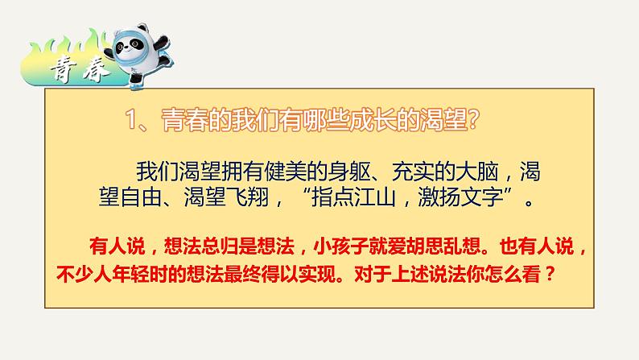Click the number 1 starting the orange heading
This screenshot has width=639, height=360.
(135, 122)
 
